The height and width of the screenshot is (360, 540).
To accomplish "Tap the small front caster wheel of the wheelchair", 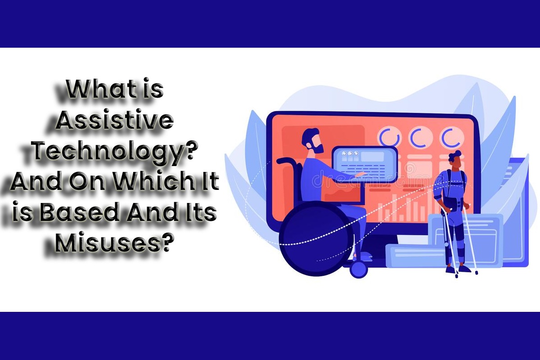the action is pos(359,270).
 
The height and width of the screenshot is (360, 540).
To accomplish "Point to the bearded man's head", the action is pos(313,140).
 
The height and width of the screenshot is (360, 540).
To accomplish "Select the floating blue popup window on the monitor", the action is pos(365,164).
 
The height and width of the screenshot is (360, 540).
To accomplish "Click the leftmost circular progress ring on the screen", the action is pos(389,138).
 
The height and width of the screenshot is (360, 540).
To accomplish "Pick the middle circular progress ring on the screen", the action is pos(421,138).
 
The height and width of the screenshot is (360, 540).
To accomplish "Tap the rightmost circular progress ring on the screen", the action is pos(451,138).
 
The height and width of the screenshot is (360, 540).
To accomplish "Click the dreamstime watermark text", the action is pos(376,179).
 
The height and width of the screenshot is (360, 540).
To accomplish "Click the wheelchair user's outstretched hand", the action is pos(362,174).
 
